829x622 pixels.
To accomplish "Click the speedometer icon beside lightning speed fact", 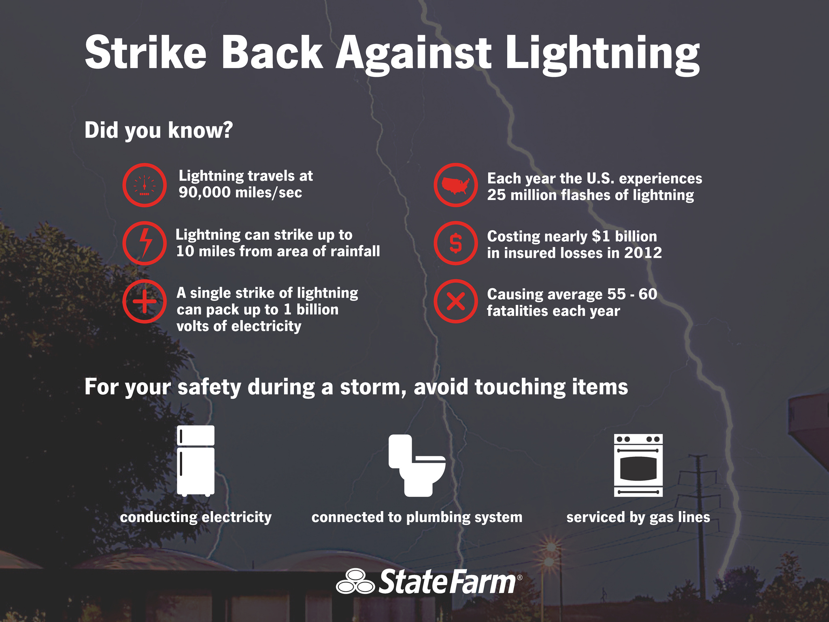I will pos(145,185).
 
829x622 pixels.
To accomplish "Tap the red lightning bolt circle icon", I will pos(145,243).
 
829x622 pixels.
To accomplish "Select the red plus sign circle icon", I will pos(145,301).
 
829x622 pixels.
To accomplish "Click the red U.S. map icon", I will pos(456,185).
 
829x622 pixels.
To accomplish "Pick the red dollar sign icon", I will pos(456,243).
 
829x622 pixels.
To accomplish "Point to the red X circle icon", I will pos(456,301).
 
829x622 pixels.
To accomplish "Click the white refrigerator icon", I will pos(196,460).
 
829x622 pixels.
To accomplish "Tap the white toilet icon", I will pos(417,465).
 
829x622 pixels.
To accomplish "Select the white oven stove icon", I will pos(638,465).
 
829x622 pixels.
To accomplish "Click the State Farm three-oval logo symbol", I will pos(355,582).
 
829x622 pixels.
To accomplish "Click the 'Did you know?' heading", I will pos(158,130).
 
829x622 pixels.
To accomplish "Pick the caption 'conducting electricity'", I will pos(196,517).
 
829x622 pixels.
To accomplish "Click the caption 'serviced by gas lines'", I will pos(638,517).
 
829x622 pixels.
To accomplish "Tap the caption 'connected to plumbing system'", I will pos(417,517).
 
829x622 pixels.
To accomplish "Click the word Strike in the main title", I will pos(146,53).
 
